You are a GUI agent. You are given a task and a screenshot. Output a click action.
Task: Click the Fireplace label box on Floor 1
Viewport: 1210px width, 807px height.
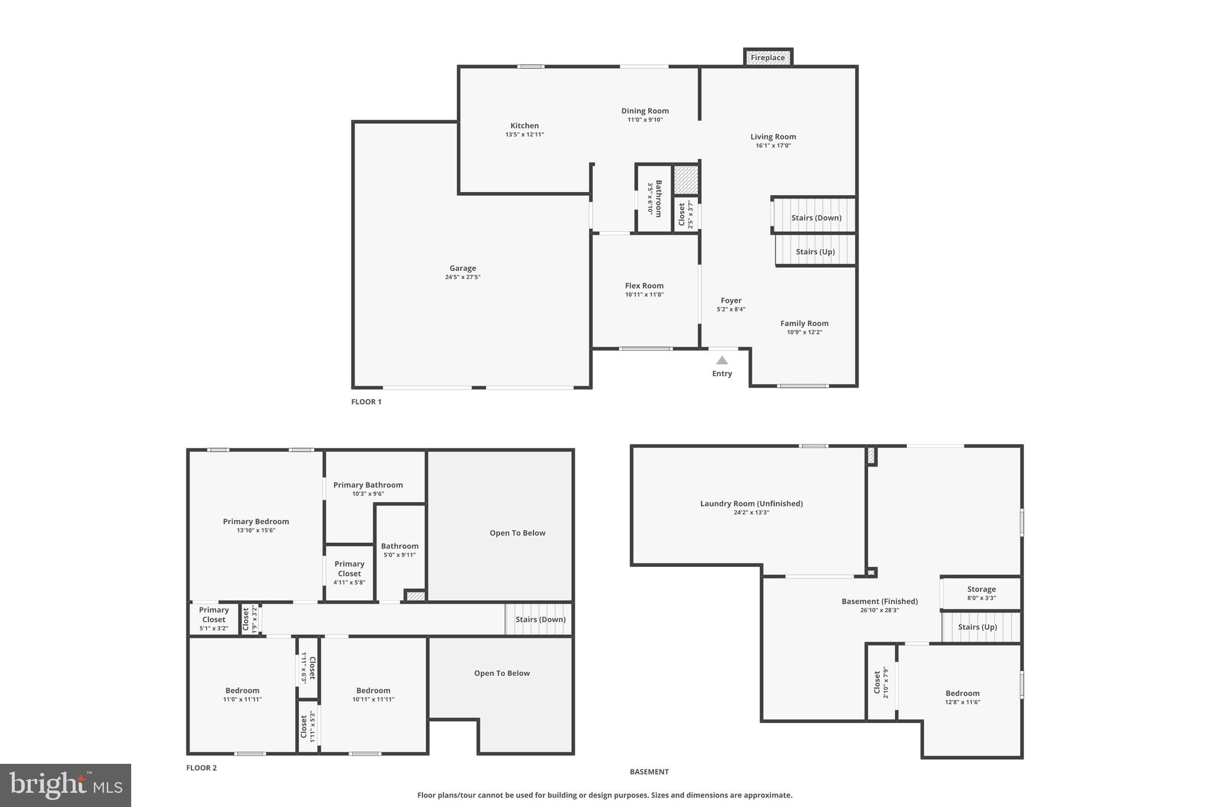tap(767, 57)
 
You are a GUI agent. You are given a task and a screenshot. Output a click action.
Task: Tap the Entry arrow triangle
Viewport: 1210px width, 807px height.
tap(722, 360)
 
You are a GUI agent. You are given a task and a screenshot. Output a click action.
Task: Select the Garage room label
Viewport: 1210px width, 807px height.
tap(463, 268)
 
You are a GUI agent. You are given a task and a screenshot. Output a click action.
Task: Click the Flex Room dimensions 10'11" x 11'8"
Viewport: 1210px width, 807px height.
tap(644, 294)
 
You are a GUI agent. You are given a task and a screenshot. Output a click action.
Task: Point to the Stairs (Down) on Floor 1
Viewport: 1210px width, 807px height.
tap(816, 218)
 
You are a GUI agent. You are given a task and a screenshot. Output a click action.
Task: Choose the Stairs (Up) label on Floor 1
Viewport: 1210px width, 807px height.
tap(815, 252)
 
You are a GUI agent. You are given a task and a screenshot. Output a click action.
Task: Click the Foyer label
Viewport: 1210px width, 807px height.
tap(731, 300)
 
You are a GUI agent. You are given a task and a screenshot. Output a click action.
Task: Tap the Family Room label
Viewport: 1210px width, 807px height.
tap(804, 323)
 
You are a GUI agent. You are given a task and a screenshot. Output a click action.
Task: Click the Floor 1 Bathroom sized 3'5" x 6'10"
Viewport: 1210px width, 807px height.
tap(655, 198)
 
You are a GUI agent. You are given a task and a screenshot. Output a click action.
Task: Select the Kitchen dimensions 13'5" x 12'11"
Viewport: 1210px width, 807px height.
tap(524, 134)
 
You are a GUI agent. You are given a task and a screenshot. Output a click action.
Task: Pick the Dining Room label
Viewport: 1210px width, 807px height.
tap(645, 111)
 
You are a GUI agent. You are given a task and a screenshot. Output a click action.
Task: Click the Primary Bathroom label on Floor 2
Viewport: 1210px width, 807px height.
tap(367, 485)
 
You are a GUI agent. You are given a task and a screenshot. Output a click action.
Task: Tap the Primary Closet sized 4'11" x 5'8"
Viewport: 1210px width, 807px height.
tap(349, 572)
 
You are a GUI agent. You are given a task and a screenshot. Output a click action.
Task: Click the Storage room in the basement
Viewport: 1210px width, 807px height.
tap(981, 593)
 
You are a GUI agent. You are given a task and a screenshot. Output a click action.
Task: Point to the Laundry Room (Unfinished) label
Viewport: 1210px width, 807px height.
tap(751, 504)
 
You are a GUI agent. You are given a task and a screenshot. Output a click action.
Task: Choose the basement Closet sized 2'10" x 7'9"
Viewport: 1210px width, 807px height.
tap(881, 682)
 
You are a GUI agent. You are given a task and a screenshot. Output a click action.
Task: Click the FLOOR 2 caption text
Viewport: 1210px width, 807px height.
tap(201, 768)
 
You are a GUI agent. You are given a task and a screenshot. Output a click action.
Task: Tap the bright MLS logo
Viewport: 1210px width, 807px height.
tap(66, 785)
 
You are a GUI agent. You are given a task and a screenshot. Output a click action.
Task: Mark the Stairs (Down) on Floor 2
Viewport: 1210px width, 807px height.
tap(540, 620)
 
